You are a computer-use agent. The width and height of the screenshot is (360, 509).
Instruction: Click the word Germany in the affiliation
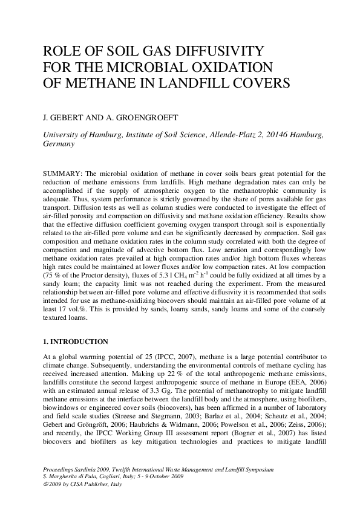[x=59, y=145]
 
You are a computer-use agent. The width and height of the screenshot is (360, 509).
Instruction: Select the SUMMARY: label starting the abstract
[x=64, y=174]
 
